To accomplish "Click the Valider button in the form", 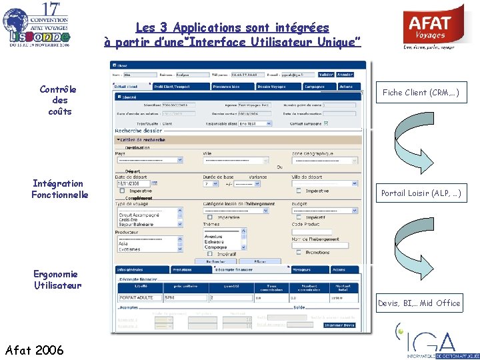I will pos(326,74).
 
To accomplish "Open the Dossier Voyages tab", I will pos(271,87).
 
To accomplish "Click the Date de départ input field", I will pos(128,183).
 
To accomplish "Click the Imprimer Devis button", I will pos(339,325).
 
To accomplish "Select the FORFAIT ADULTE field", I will pos(139,297).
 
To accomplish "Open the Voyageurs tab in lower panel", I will pos(302,269).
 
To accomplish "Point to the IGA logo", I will pos(433,341).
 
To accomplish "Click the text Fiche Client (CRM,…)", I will pos(421,93).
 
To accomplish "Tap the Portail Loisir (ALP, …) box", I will pos(421,194).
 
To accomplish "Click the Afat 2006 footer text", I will pos(34,349).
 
